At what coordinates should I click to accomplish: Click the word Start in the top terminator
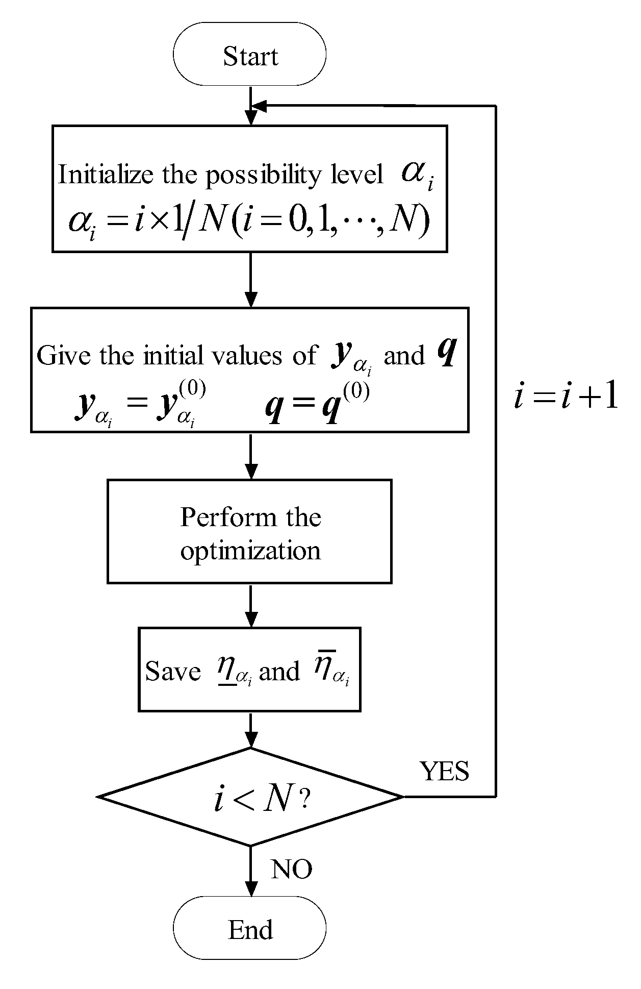pyautogui.click(x=250, y=56)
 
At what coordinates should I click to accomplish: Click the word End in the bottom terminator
pyautogui.click(x=250, y=930)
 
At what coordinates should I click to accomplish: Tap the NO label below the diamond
pyautogui.click(x=291, y=869)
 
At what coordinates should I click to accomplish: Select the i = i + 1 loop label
pyautogui.click(x=566, y=397)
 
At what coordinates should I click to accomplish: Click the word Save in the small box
pyautogui.click(x=173, y=671)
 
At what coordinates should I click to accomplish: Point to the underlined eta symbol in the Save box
pyautogui.click(x=226, y=670)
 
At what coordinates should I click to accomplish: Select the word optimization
pyautogui.click(x=250, y=551)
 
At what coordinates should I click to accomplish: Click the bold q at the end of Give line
pyautogui.click(x=446, y=353)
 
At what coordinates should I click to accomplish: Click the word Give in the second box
pyautogui.click(x=65, y=355)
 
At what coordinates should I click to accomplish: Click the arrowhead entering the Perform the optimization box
pyautogui.click(x=250, y=472)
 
